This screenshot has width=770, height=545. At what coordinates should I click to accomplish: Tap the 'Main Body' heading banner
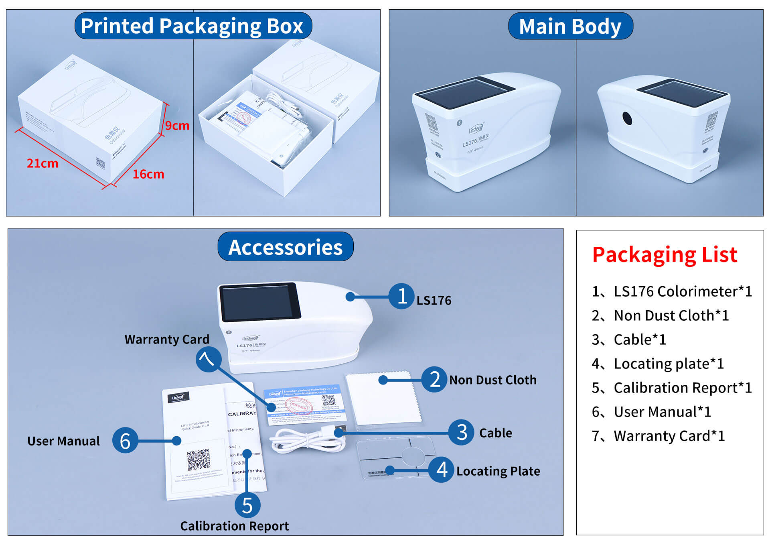[570, 26]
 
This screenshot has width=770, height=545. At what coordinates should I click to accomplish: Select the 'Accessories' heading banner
[285, 247]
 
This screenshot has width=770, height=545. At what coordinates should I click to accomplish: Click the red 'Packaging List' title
[665, 254]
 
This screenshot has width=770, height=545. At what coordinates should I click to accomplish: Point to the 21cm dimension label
[43, 163]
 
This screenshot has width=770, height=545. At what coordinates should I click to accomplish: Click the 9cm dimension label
[177, 126]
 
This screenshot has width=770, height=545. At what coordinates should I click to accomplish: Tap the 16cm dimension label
[148, 174]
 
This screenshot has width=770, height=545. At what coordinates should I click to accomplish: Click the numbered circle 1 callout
[401, 296]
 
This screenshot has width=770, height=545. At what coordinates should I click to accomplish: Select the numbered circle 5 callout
[247, 505]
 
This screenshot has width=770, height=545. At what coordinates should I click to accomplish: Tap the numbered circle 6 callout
[125, 440]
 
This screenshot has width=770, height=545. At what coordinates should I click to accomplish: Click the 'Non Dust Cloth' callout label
[492, 380]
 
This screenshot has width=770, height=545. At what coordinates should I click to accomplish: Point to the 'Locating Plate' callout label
[498, 471]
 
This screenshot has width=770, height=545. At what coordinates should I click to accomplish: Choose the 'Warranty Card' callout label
[167, 340]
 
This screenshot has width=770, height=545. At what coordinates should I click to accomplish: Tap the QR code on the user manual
[199, 460]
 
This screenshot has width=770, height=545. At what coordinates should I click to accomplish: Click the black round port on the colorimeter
[627, 118]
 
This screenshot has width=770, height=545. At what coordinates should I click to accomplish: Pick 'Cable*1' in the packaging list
[640, 340]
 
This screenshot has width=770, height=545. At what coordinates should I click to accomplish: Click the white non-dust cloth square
[383, 397]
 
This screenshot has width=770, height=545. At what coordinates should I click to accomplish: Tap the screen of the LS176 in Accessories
[259, 302]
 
